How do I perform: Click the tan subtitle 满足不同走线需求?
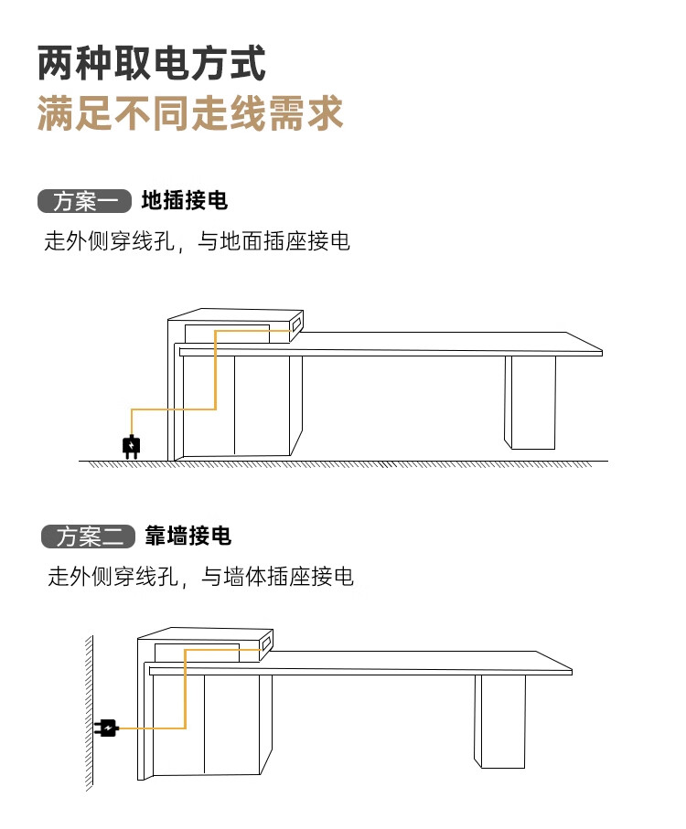pos(190,115)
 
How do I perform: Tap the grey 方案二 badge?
pos(88,537)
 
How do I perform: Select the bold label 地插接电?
pos(185,201)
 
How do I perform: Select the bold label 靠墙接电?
pos(188,537)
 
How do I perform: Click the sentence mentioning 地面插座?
pos(198,242)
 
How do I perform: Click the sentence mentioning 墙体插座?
pos(200,578)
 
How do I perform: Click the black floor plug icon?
pos(132,446)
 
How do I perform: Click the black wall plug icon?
pos(108,728)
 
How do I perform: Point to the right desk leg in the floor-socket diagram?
pos(532,402)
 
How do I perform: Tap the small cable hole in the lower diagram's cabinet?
pos(266,644)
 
